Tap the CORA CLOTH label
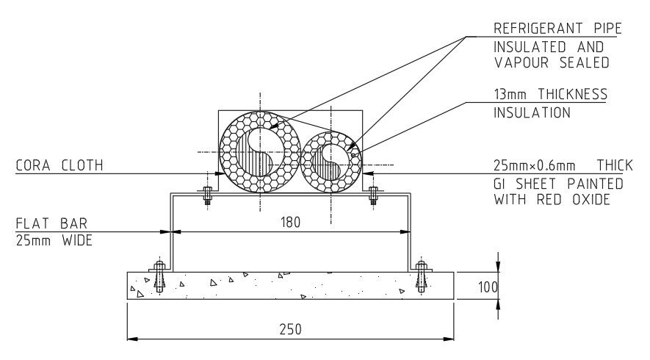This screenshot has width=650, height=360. point(59,166)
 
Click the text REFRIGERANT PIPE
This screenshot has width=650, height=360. point(557,29)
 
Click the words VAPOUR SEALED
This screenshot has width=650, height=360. point(551,63)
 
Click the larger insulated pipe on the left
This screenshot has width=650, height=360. point(261,152)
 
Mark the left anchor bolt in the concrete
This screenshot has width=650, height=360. point(158,277)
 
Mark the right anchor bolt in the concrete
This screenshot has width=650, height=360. point(421,277)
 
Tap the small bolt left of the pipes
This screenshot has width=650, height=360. point(207,195)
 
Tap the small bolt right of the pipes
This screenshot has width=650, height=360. point(373,195)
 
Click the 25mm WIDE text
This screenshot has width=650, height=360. point(54,240)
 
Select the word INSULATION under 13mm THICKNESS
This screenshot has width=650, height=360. point(532,113)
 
